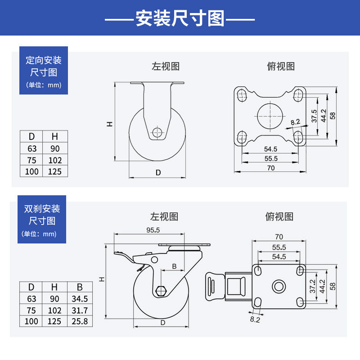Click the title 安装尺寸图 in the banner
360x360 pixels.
pyautogui.click(x=180, y=19)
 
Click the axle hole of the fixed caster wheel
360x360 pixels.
pyautogui.click(x=157, y=132)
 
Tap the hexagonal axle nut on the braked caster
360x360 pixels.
pyautogui.click(x=160, y=291)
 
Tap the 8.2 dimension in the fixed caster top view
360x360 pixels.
pyautogui.click(x=295, y=122)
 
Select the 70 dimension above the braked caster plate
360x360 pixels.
pyautogui.click(x=279, y=236)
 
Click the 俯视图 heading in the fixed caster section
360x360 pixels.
pyautogui.click(x=281, y=67)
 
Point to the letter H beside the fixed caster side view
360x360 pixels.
pyautogui.click(x=109, y=124)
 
